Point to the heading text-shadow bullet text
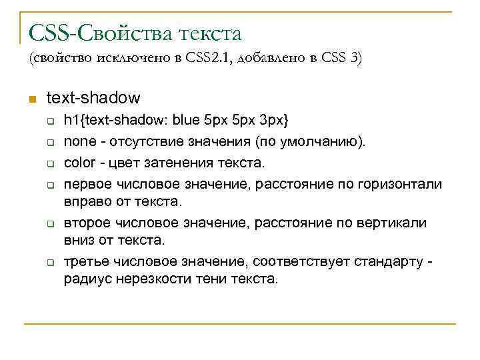pyautogui.click(x=93, y=98)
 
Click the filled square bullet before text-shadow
pyautogui.click(x=31, y=99)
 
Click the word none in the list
pyautogui.click(x=77, y=141)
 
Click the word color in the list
pyautogui.click(x=78, y=162)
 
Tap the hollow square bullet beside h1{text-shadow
pyautogui.click(x=49, y=122)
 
